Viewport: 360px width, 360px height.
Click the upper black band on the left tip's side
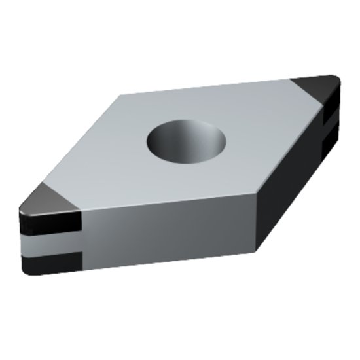click(x=49, y=223)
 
